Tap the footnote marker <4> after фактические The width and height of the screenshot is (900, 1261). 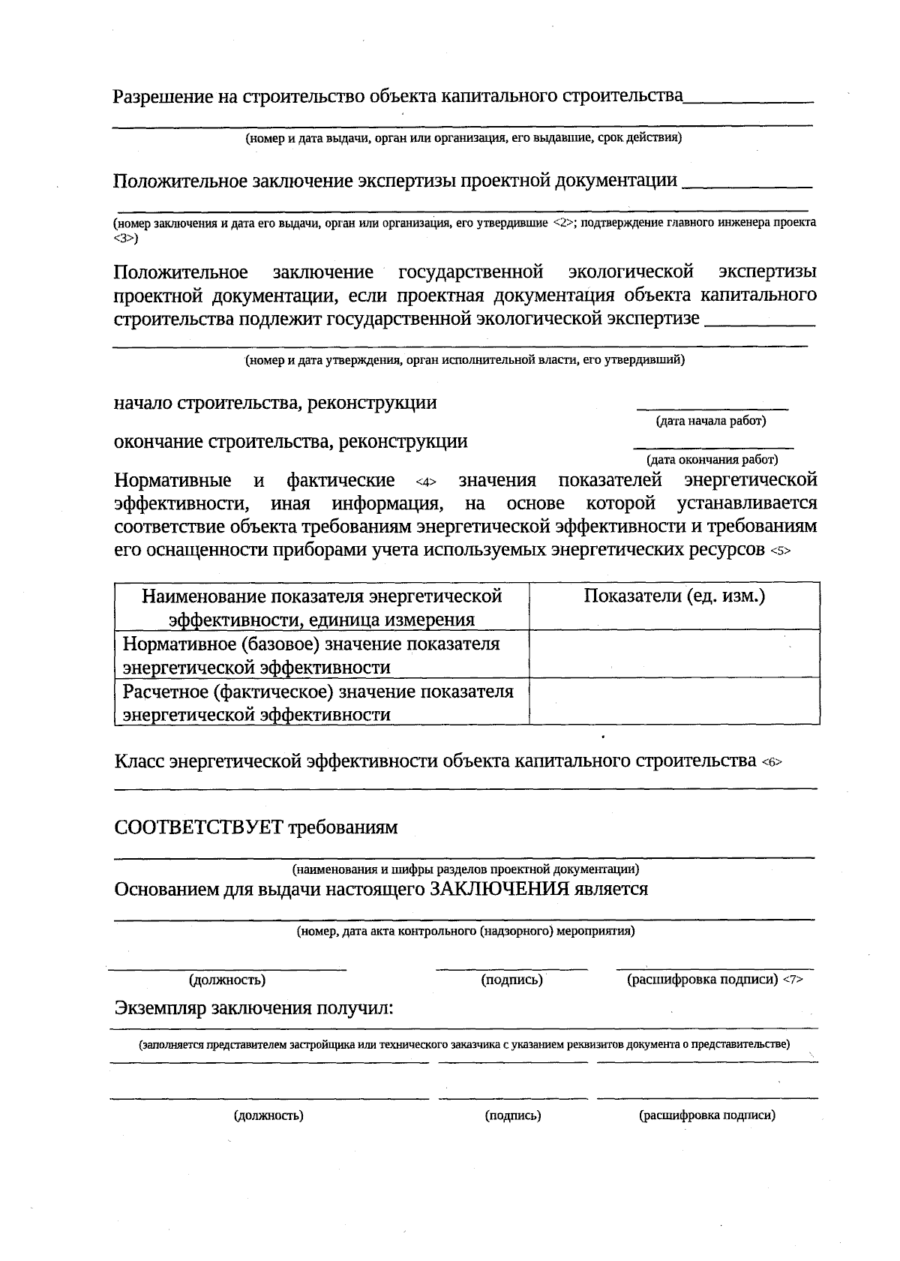click(x=425, y=482)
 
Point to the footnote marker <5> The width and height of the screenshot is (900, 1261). click(x=780, y=551)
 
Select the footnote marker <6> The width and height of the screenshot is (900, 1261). click(x=772, y=763)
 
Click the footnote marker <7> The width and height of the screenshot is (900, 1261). click(x=793, y=980)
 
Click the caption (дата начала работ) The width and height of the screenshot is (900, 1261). click(x=710, y=421)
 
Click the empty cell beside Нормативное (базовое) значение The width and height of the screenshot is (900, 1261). click(x=673, y=654)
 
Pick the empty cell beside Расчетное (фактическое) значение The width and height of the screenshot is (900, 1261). click(x=673, y=701)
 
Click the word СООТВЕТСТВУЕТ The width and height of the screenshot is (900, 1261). click(x=199, y=827)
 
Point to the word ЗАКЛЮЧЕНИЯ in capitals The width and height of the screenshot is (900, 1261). click(x=498, y=890)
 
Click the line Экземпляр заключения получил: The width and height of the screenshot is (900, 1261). click(x=253, y=1008)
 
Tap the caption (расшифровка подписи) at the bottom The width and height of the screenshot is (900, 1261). click(x=706, y=1115)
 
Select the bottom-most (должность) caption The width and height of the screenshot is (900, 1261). click(x=268, y=1115)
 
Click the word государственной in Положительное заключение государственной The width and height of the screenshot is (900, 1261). click(x=470, y=272)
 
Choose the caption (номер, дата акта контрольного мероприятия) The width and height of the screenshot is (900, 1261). click(x=465, y=932)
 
